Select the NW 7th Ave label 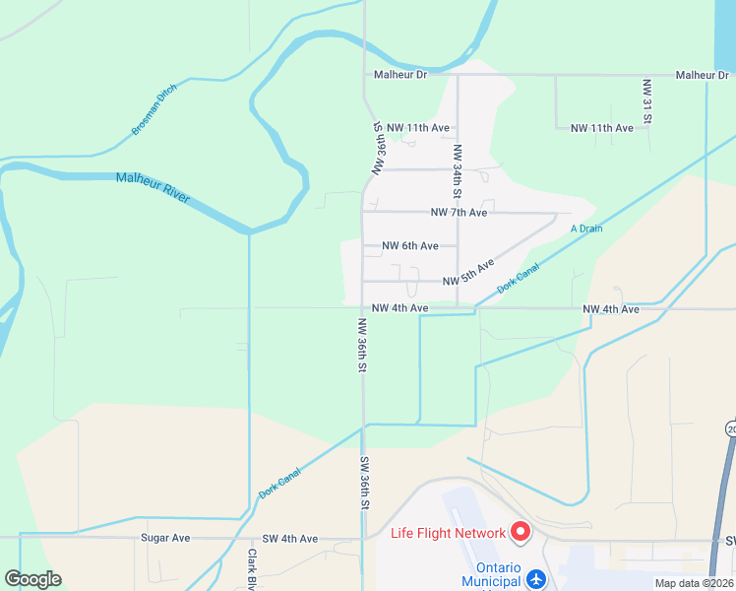pos(459,212)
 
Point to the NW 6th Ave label pos(409,245)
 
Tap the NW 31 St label pos(647,101)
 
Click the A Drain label pos(585,229)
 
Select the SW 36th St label pos(363,483)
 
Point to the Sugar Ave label pos(165,539)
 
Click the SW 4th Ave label pos(290,539)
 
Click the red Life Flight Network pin pos(520,532)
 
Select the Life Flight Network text pos(448,534)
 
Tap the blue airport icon pos(536,578)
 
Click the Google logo pos(33,578)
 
